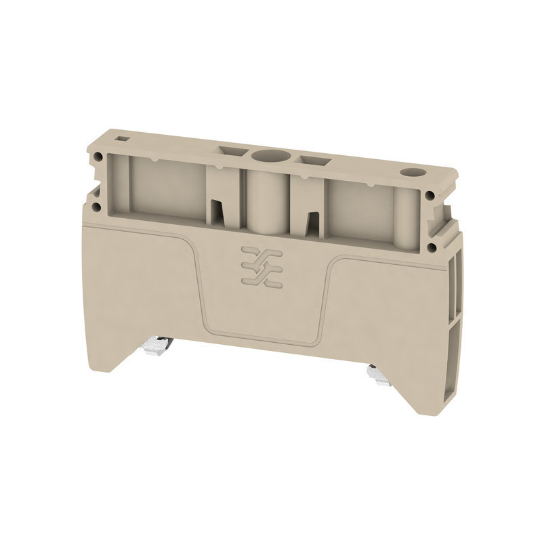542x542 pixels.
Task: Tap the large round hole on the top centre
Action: click(265, 156)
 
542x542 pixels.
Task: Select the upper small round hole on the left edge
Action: click(99, 157)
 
